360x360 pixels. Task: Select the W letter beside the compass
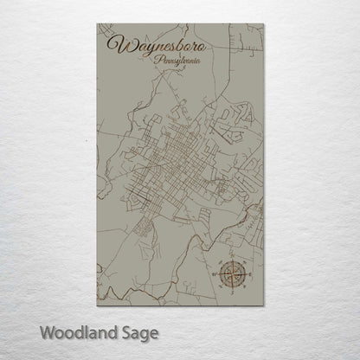215,253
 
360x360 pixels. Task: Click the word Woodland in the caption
67,331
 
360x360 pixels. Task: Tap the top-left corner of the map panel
91,24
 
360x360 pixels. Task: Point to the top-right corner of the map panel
270,24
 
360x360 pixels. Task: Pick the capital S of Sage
123,331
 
